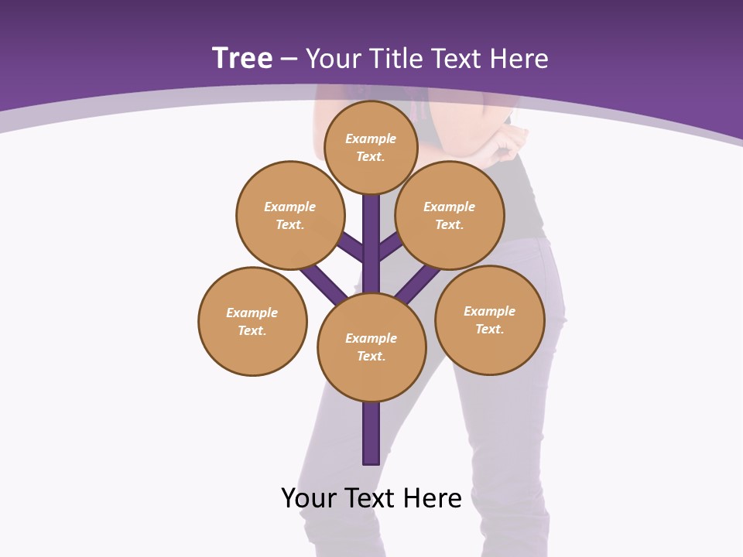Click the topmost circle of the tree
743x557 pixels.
coord(371,147)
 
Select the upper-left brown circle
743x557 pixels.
coord(289,215)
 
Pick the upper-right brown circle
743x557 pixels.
coord(450,215)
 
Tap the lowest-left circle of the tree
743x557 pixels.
coord(252,321)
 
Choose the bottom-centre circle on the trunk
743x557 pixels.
coord(371,347)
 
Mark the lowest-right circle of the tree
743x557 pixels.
coord(490,320)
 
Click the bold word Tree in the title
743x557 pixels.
coord(242,58)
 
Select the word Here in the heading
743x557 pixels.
coord(519,58)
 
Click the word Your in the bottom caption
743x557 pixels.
coord(309,497)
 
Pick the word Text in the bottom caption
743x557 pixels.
coord(372,497)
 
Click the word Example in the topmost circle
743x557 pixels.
coord(371,138)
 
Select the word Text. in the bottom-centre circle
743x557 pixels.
coord(371,357)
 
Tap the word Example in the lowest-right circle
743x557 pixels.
coord(489,311)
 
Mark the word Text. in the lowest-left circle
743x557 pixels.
coord(252,331)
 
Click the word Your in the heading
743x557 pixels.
coord(334,58)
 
